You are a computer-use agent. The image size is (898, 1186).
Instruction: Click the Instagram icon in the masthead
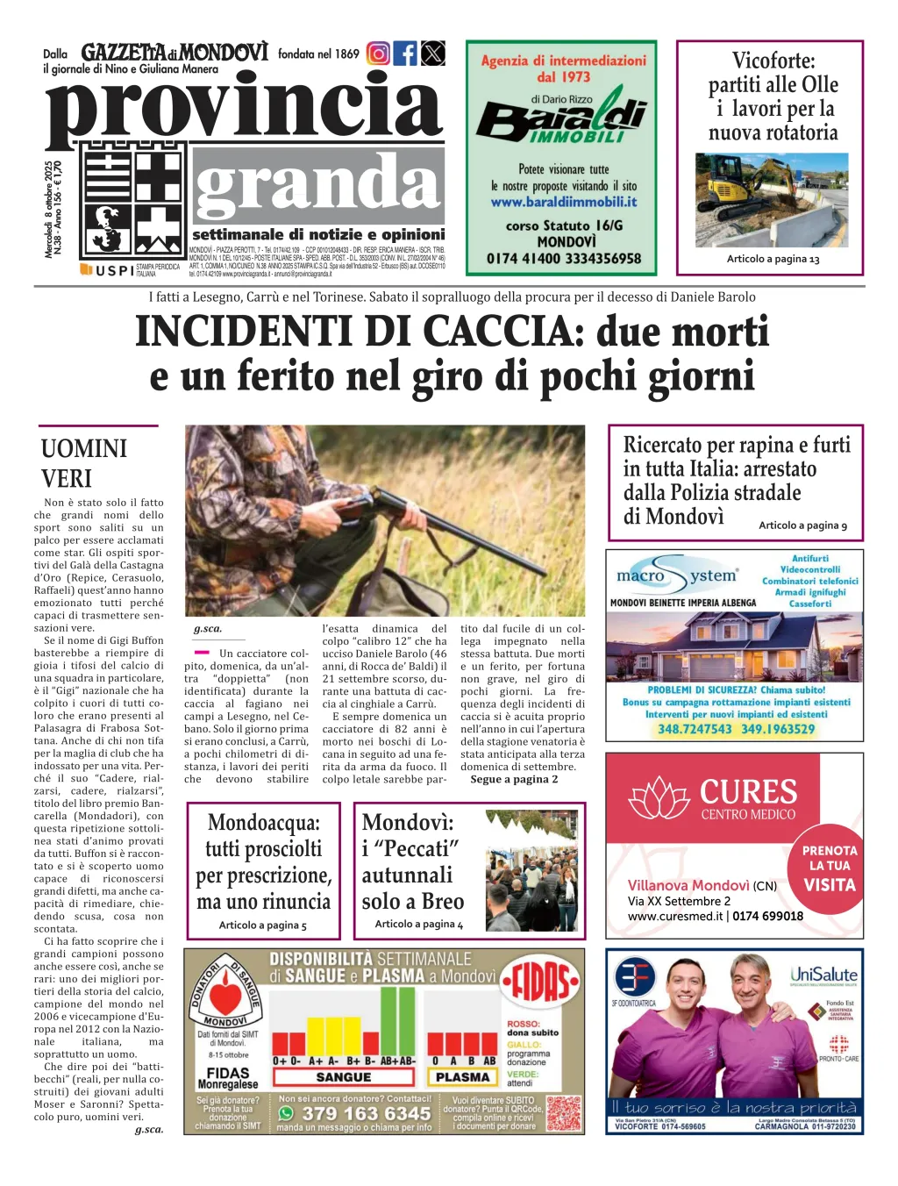(378, 54)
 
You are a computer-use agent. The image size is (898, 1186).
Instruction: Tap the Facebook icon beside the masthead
(405, 54)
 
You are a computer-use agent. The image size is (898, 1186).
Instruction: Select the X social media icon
(433, 54)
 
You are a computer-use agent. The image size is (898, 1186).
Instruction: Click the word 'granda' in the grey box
(317, 185)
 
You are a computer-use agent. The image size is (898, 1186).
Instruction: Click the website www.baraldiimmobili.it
(564, 202)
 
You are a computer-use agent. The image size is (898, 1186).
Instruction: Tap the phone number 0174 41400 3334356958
(564, 259)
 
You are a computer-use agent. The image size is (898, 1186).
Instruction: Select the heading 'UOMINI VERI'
(84, 463)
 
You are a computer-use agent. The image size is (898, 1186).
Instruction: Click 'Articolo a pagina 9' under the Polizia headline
(802, 525)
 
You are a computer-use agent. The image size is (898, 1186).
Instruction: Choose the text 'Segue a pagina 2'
(514, 779)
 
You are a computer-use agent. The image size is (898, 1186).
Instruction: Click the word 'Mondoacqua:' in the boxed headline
(263, 823)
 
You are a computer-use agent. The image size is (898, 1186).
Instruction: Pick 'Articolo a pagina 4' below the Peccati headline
(418, 924)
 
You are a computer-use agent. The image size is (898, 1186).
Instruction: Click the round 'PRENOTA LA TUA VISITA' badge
(829, 868)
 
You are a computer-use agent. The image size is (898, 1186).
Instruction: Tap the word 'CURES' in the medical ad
(748, 792)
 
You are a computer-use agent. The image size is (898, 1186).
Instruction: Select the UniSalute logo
(823, 975)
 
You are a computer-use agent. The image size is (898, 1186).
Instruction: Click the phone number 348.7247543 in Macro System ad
(695, 729)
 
